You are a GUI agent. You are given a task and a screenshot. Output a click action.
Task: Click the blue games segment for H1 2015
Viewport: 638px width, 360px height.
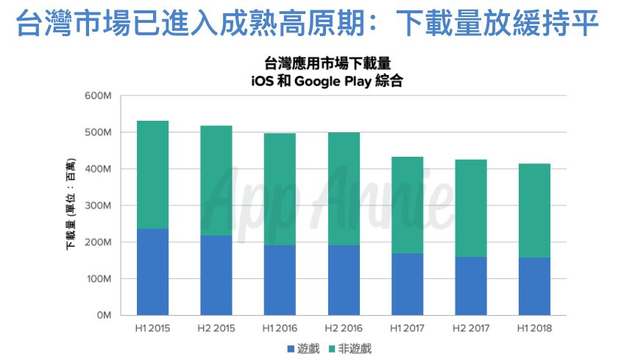(152, 272)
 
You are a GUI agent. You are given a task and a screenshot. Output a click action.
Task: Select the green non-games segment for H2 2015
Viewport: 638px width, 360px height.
(216, 180)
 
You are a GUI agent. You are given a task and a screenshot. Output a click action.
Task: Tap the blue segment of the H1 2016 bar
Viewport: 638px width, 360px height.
(280, 280)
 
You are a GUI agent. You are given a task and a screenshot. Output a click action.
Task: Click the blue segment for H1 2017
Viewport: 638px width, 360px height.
(407, 284)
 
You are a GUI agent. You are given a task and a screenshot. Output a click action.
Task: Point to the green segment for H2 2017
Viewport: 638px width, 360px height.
(471, 208)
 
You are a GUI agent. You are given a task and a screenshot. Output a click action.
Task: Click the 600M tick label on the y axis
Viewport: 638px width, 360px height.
(97, 96)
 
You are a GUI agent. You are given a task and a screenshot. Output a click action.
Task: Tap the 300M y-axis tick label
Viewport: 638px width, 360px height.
(97, 205)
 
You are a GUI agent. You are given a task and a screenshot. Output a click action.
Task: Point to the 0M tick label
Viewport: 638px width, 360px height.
(102, 315)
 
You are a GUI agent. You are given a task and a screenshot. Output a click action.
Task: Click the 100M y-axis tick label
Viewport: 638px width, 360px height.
(97, 279)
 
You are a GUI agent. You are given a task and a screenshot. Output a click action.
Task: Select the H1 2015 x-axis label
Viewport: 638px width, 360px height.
(152, 328)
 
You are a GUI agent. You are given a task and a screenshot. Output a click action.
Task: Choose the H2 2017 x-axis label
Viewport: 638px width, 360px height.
(471, 328)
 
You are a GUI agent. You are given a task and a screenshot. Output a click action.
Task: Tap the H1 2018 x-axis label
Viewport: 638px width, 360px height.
(534, 328)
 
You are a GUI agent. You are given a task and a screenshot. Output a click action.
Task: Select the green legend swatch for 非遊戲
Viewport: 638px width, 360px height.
(333, 348)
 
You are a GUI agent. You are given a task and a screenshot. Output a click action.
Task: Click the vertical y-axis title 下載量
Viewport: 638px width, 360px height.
(71, 205)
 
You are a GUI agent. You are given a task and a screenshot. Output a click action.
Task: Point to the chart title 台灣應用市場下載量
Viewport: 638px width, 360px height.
(327, 64)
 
